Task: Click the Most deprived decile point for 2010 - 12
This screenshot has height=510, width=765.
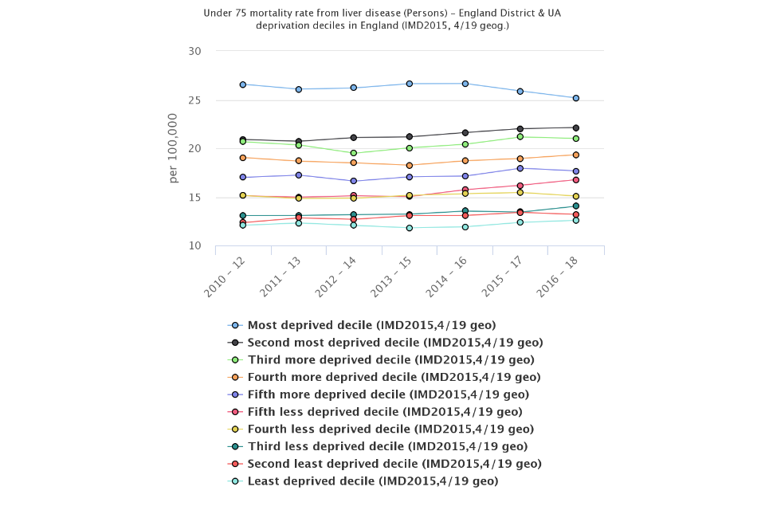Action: coord(242,84)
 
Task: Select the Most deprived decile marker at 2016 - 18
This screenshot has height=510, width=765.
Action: coord(575,98)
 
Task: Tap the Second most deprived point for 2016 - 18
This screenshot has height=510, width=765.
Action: coord(575,127)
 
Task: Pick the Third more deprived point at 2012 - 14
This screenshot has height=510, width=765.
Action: coord(353,153)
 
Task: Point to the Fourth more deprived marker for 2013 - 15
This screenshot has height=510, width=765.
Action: coord(409,165)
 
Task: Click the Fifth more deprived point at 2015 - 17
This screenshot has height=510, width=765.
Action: coord(520,168)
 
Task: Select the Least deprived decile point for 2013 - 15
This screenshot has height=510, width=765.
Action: coord(409,228)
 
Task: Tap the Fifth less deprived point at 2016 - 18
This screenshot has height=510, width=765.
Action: coord(575,180)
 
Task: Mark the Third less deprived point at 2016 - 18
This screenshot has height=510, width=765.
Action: coord(575,206)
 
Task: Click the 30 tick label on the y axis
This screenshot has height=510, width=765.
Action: coord(194,51)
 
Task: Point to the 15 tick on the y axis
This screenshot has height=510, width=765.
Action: coord(194,198)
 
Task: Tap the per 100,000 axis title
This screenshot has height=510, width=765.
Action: coord(174,148)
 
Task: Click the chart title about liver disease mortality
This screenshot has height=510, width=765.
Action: coord(382,19)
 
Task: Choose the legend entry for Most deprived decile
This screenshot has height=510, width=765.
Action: coord(371,325)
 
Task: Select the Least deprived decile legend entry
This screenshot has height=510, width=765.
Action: coord(373,481)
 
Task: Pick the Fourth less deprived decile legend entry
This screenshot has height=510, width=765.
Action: coord(386,429)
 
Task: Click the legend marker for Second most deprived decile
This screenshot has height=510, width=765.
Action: coord(235,343)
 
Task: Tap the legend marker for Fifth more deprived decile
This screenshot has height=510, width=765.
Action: coord(235,394)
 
